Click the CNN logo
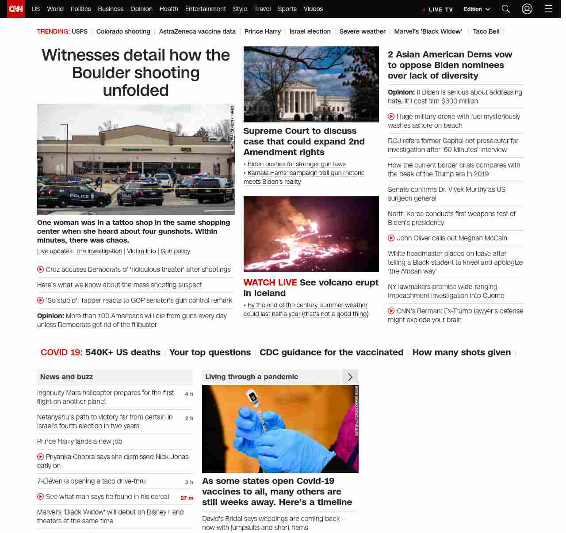pos(16,9)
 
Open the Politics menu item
pos(80,9)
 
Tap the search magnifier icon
pos(505,9)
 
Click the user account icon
pos(527,9)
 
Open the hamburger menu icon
pos(548,9)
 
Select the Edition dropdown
pos(477,9)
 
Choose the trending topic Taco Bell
pos(486,31)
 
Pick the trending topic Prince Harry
pos(262,31)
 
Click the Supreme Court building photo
pos(311,84)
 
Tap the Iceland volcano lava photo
pos(311,234)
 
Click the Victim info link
pos(141,251)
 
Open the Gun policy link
pos(175,251)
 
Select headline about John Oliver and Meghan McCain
pos(451,238)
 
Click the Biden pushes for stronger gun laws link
pos(296,164)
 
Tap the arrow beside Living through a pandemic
pos(350,377)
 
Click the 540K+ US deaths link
pos(122,352)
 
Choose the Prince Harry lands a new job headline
pos(80,442)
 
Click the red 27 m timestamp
pos(187,498)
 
